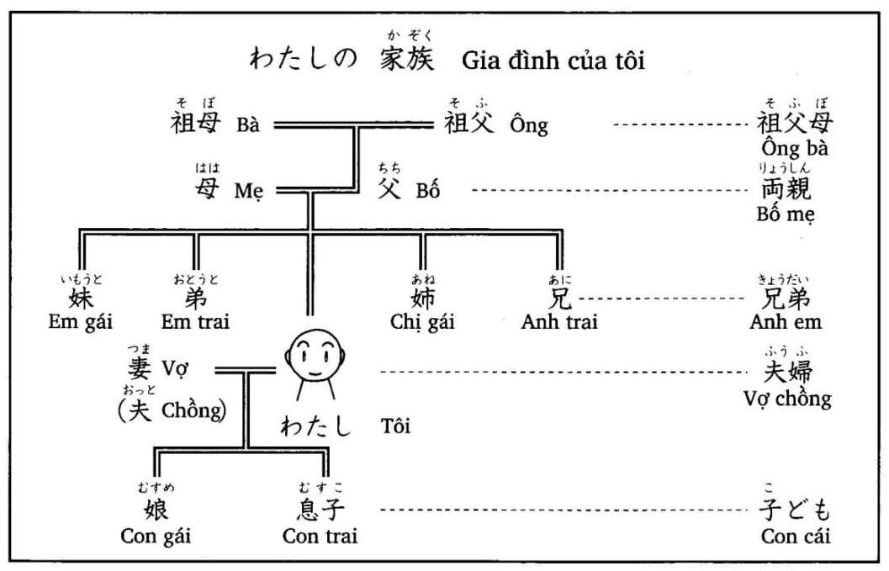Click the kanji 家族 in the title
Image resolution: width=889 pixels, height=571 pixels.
pyautogui.click(x=407, y=60)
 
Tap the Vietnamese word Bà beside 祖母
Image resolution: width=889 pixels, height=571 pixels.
pyautogui.click(x=248, y=126)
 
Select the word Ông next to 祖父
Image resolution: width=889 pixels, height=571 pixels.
pyautogui.click(x=529, y=126)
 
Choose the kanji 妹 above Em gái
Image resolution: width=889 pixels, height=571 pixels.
pyautogui.click(x=81, y=299)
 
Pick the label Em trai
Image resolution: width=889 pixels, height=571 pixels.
pyautogui.click(x=196, y=321)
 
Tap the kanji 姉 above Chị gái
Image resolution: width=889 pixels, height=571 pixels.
pyautogui.click(x=423, y=299)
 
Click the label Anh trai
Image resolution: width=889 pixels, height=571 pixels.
pyautogui.click(x=559, y=321)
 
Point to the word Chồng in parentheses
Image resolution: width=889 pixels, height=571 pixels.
pyautogui.click(x=193, y=411)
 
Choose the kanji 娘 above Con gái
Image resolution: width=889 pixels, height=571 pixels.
pyautogui.click(x=156, y=510)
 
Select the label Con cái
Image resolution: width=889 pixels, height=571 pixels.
pyautogui.click(x=796, y=536)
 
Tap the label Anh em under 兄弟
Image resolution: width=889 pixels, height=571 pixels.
pyautogui.click(x=786, y=321)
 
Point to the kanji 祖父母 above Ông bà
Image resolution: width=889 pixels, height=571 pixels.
pyautogui.click(x=795, y=123)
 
